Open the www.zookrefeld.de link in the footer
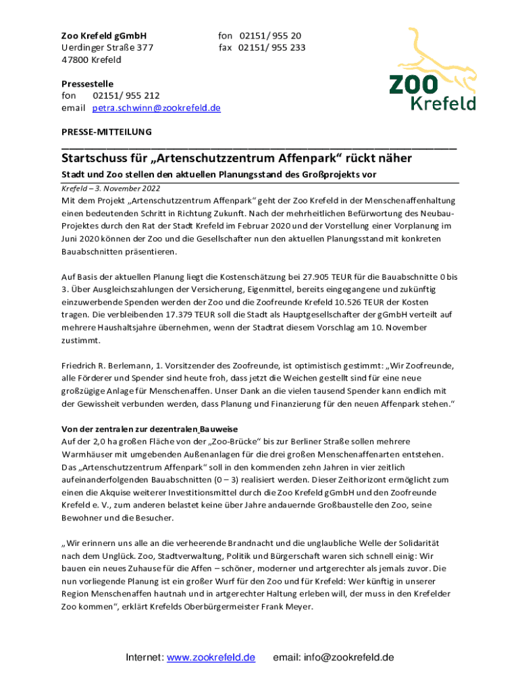[211, 658]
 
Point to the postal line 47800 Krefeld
[92, 59]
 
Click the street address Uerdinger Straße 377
[107, 47]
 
